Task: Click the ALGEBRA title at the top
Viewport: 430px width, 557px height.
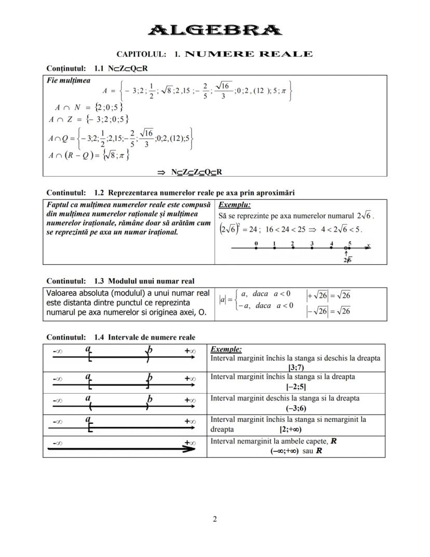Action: [215, 30]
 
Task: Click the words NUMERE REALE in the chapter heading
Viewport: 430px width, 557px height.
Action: [249, 54]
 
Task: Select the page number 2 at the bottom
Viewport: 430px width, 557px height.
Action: [214, 519]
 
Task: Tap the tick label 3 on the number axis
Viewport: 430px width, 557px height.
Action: [312, 243]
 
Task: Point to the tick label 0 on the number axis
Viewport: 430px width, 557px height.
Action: [257, 243]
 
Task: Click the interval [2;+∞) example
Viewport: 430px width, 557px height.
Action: [290, 430]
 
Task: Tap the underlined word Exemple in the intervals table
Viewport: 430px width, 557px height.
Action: [226, 349]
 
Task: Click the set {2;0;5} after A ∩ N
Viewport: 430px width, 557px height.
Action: [106, 107]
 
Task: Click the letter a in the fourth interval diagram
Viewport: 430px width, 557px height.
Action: [88, 419]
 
